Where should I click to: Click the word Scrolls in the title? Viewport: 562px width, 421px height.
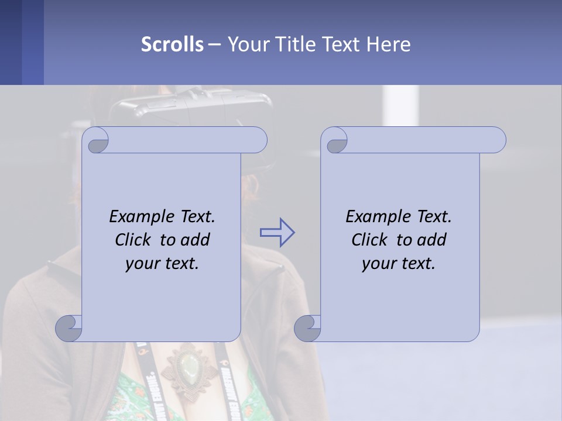pyautogui.click(x=172, y=44)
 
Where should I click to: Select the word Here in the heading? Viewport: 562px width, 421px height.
pyautogui.click(x=389, y=44)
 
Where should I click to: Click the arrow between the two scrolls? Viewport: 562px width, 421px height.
pyautogui.click(x=277, y=233)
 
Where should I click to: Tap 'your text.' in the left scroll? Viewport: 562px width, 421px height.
pyautogui.click(x=162, y=263)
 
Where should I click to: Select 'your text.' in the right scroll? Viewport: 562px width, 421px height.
pyautogui.click(x=399, y=263)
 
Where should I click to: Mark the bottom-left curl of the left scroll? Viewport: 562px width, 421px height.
pyautogui.click(x=69, y=327)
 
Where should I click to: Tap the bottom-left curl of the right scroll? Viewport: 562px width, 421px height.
pyautogui.click(x=308, y=327)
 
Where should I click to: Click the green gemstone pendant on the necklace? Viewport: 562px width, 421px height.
pyautogui.click(x=189, y=368)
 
